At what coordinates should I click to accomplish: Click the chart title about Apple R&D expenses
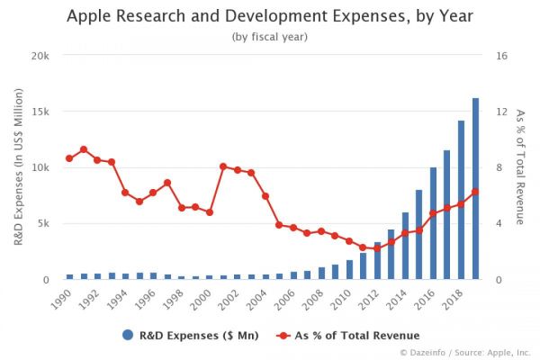pyautogui.click(x=271, y=15)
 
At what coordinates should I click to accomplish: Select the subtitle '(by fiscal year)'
pyautogui.click(x=271, y=36)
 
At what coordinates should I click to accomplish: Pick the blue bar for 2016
pyautogui.click(x=433, y=223)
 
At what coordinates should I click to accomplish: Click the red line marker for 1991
pyautogui.click(x=84, y=149)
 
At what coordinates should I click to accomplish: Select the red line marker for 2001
pyautogui.click(x=223, y=166)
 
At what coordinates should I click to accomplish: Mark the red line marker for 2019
pyautogui.click(x=475, y=192)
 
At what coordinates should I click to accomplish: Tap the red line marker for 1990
pyautogui.click(x=69, y=158)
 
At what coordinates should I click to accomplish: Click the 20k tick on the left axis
pyautogui.click(x=40, y=56)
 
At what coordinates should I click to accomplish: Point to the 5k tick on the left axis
pyautogui.click(x=42, y=223)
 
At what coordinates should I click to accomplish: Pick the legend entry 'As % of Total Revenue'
pyautogui.click(x=338, y=335)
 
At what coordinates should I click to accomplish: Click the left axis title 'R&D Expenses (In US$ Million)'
pyautogui.click(x=17, y=167)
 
